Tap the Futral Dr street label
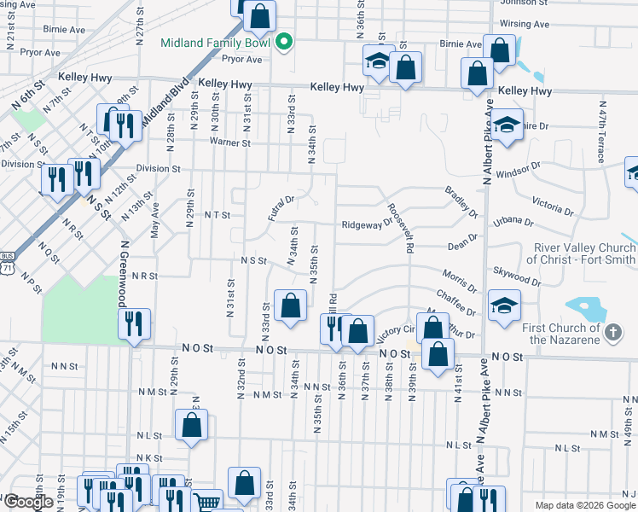[x=281, y=207]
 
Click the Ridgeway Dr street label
[x=366, y=225]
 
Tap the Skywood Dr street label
[x=516, y=275]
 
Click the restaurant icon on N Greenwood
[x=134, y=323]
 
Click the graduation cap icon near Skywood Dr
[x=505, y=305]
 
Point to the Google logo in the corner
[x=28, y=502]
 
